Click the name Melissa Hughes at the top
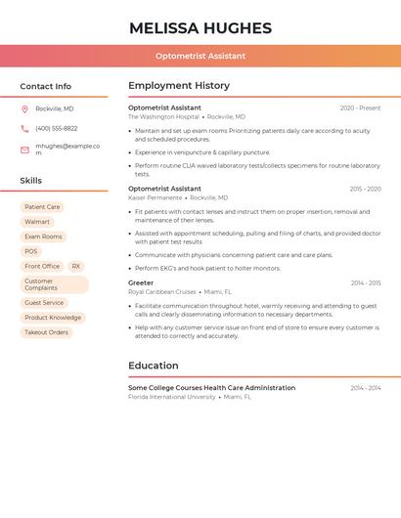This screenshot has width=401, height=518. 200,27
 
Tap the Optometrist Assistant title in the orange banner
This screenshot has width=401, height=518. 200,56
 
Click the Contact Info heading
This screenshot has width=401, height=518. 46,86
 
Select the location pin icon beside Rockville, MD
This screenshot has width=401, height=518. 24,108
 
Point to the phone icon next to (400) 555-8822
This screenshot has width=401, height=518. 24,128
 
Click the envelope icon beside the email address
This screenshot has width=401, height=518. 24,149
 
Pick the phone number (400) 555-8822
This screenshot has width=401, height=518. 57,128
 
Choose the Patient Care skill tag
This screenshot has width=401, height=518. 42,207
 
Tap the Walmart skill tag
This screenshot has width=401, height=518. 37,222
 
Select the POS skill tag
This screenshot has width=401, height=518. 31,251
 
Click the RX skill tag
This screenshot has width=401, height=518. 76,266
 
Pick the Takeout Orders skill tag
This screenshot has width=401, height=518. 46,332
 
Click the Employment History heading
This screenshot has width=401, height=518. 179,86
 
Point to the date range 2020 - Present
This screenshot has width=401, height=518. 360,108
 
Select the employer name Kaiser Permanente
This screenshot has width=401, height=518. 155,197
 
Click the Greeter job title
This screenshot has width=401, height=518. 141,282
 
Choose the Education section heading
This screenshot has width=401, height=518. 154,366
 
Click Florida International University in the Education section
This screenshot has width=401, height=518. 171,397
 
